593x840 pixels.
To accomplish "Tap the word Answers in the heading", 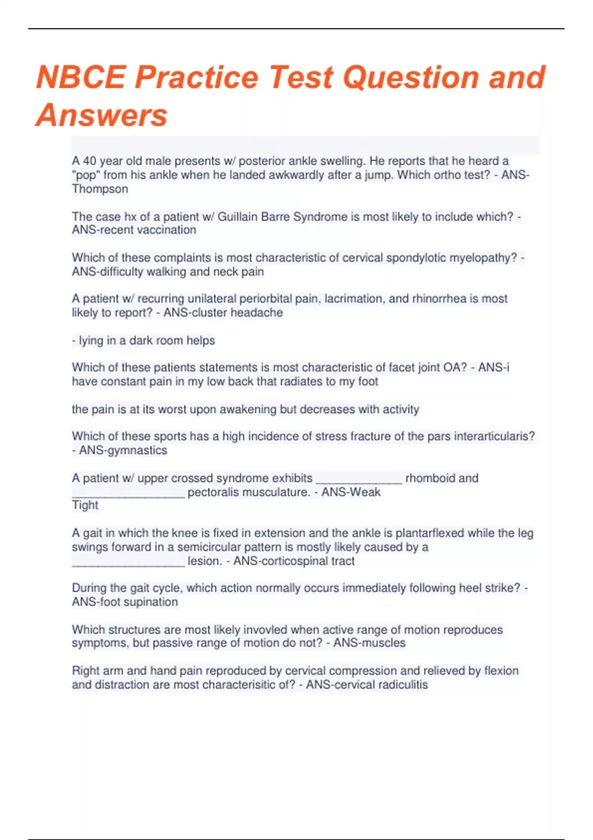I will [x=102, y=115].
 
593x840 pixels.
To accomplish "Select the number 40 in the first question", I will [x=89, y=161].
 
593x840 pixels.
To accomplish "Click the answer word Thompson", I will [x=100, y=189].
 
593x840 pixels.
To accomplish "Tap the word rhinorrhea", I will [x=439, y=298].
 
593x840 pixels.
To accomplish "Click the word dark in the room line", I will [x=140, y=340].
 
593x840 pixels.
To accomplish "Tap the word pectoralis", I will [x=216, y=492].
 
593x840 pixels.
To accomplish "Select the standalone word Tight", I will [x=85, y=505].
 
